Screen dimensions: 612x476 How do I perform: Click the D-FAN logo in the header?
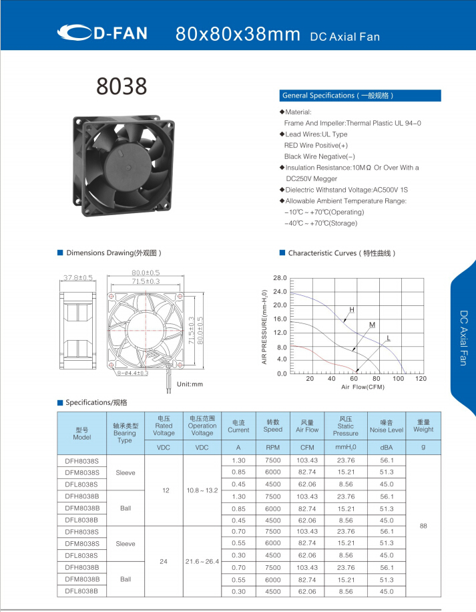102,33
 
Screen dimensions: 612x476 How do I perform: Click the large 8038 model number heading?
122,86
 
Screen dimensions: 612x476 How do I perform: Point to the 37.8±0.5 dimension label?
78,277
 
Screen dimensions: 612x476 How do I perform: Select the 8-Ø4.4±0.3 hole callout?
132,373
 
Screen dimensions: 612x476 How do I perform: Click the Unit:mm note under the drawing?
189,384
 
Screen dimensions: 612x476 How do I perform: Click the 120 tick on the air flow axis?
421,379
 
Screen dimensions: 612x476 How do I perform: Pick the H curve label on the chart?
352,310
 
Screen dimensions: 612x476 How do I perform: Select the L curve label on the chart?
388,338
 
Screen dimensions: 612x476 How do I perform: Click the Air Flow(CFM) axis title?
363,387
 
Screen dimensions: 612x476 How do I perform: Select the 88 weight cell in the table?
423,526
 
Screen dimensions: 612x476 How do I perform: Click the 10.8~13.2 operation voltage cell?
202,490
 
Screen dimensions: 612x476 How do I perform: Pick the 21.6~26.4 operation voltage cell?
202,562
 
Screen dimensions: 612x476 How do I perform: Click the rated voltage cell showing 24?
164,562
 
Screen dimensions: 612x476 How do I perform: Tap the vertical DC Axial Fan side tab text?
463,337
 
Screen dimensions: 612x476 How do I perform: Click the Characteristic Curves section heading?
342,253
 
